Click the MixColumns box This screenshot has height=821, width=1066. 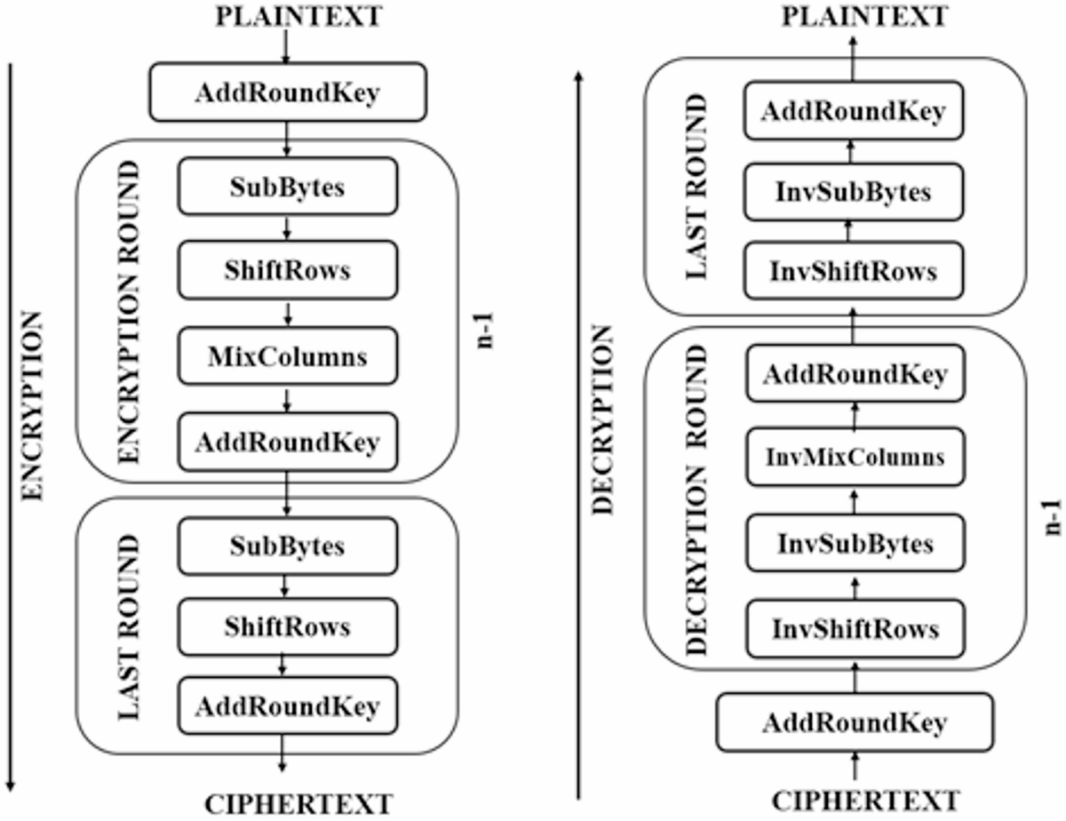(x=287, y=358)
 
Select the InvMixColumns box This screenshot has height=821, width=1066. (x=855, y=458)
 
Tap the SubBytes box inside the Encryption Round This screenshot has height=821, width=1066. (x=287, y=187)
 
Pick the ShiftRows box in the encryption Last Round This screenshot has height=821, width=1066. (x=287, y=627)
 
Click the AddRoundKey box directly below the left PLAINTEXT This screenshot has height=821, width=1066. (x=286, y=92)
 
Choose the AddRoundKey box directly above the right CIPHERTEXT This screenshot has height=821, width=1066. (x=854, y=722)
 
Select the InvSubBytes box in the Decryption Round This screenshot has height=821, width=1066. (x=855, y=543)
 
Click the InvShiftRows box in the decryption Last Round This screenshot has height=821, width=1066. (x=853, y=271)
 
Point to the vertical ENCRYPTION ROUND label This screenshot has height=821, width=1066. (x=130, y=311)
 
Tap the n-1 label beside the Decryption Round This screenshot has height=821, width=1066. (x=1052, y=515)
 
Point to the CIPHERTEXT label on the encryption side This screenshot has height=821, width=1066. (x=298, y=803)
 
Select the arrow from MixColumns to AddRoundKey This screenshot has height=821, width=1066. (x=286, y=401)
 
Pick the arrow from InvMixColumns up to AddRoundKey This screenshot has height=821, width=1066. (x=855, y=416)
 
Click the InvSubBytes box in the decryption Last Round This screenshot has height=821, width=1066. (x=853, y=192)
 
